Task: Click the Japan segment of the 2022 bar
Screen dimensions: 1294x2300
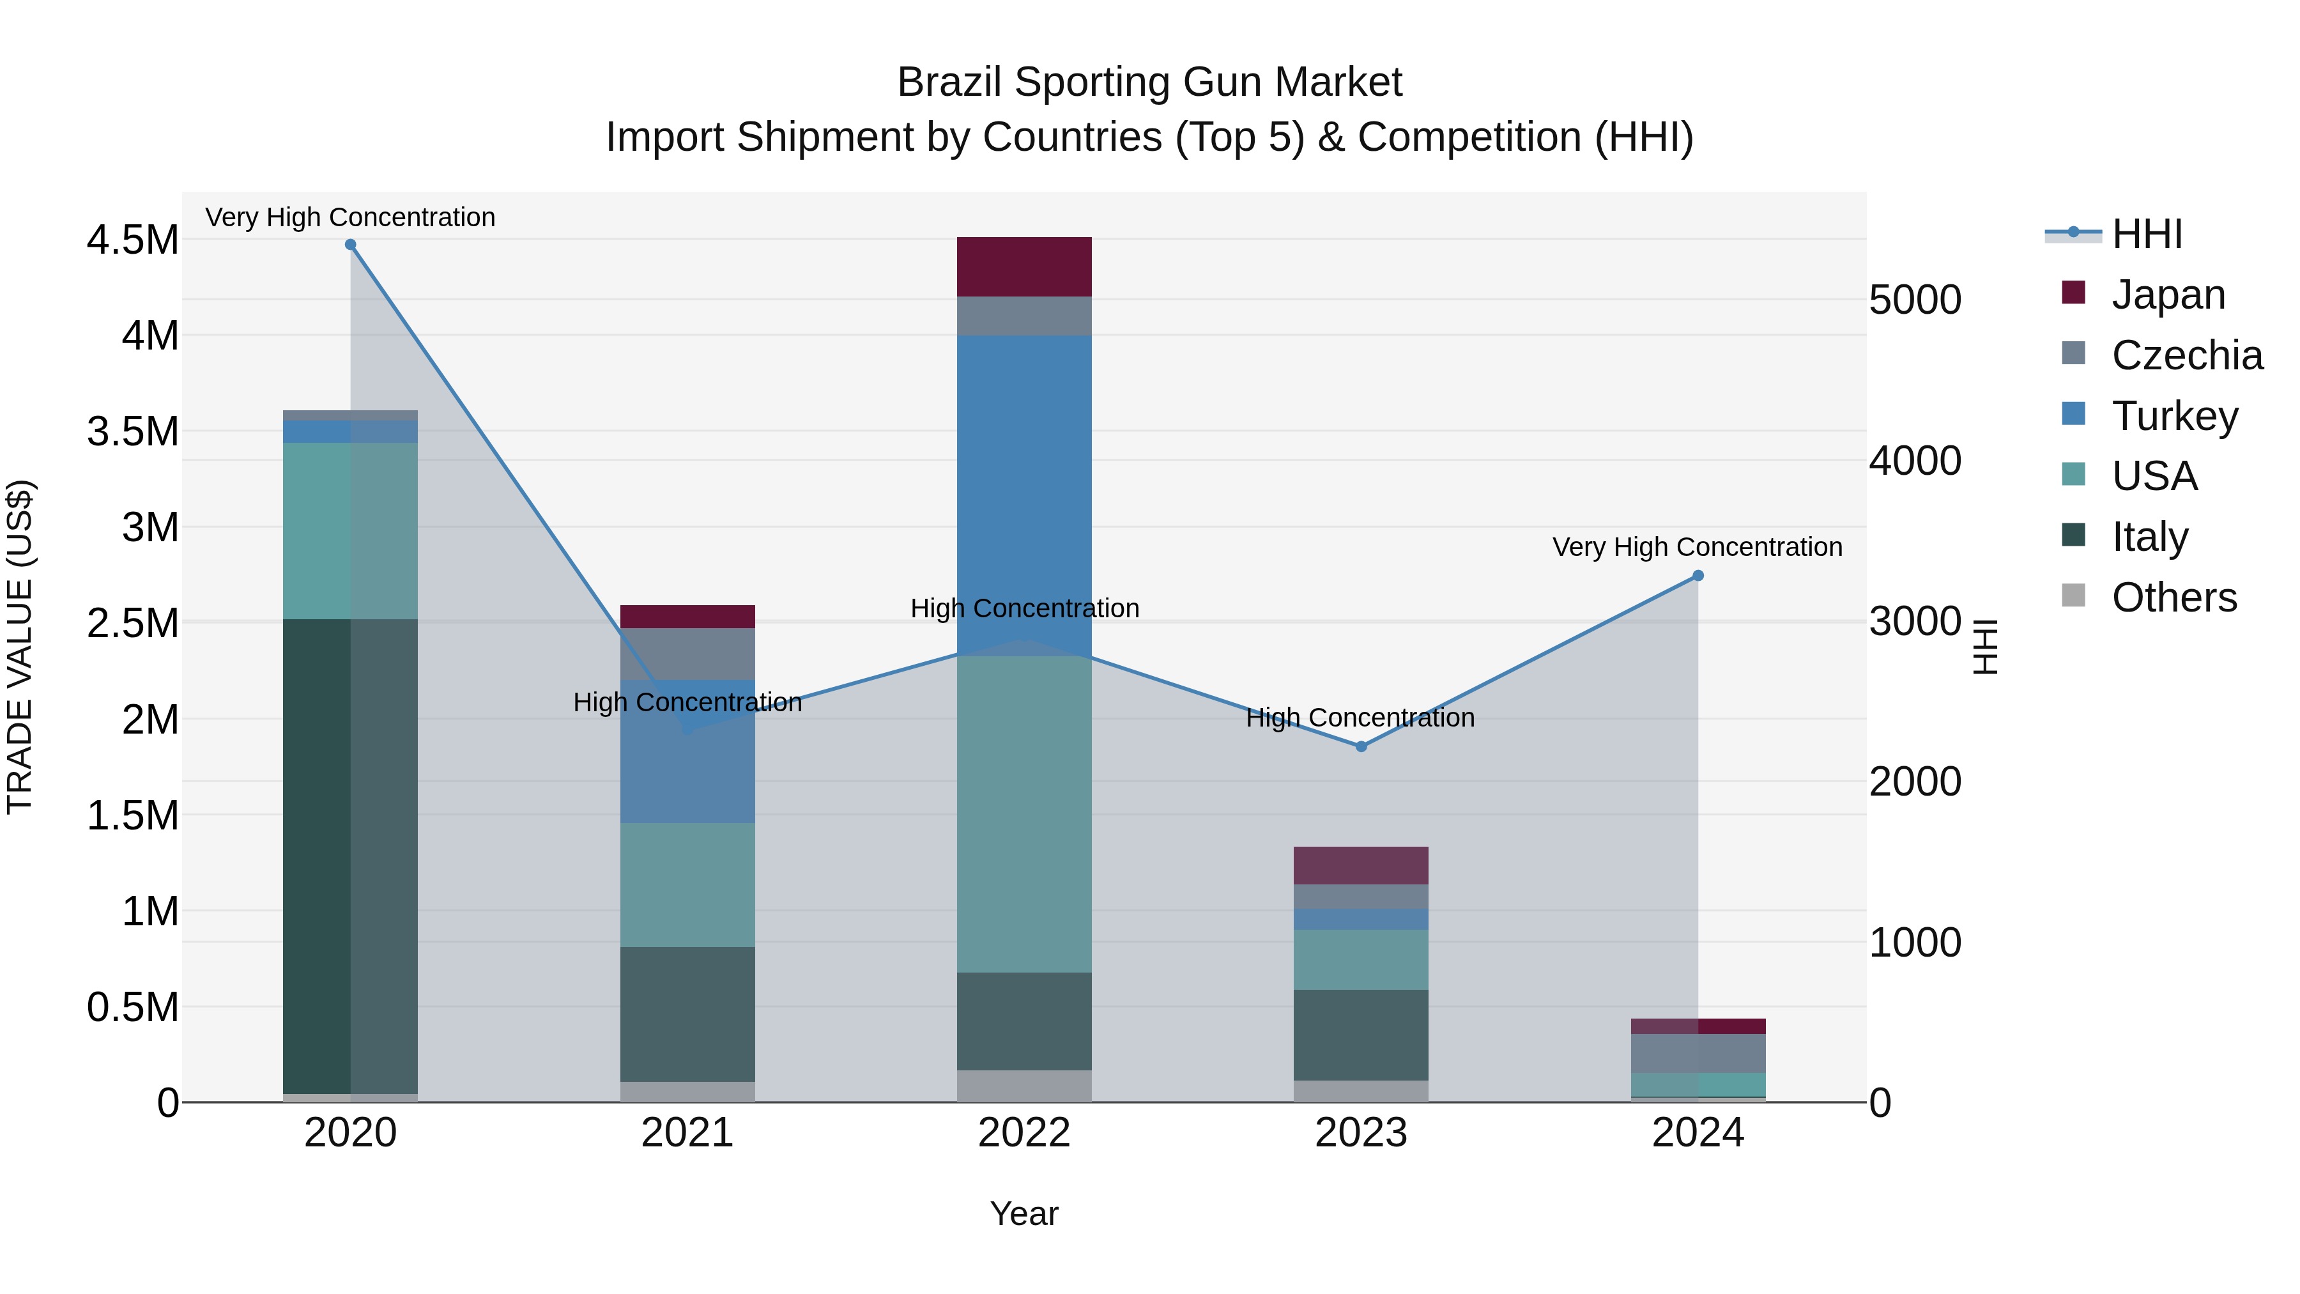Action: pyautogui.click(x=1024, y=266)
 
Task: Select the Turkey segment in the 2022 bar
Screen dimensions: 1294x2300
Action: pyautogui.click(x=1024, y=491)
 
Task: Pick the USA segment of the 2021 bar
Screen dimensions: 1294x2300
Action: pyautogui.click(x=687, y=884)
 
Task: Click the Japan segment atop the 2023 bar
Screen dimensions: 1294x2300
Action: pyautogui.click(x=1361, y=865)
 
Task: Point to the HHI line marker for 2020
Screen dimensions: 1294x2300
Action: pyautogui.click(x=350, y=245)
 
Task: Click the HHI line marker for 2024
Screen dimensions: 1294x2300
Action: pyautogui.click(x=1698, y=576)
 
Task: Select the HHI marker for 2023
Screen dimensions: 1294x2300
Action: pyautogui.click(x=1361, y=746)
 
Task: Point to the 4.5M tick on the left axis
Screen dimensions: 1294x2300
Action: pyautogui.click(x=132, y=240)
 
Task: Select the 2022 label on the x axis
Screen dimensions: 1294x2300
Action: pyautogui.click(x=1024, y=1132)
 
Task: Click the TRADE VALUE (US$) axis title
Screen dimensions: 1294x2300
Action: pyautogui.click(x=20, y=647)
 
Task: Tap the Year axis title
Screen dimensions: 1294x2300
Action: pyautogui.click(x=1024, y=1213)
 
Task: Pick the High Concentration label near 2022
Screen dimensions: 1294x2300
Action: pyautogui.click(x=1024, y=608)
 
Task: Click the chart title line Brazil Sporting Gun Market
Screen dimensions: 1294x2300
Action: pyautogui.click(x=1149, y=82)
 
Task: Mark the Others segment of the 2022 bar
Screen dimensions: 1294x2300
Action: pyautogui.click(x=1024, y=1086)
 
